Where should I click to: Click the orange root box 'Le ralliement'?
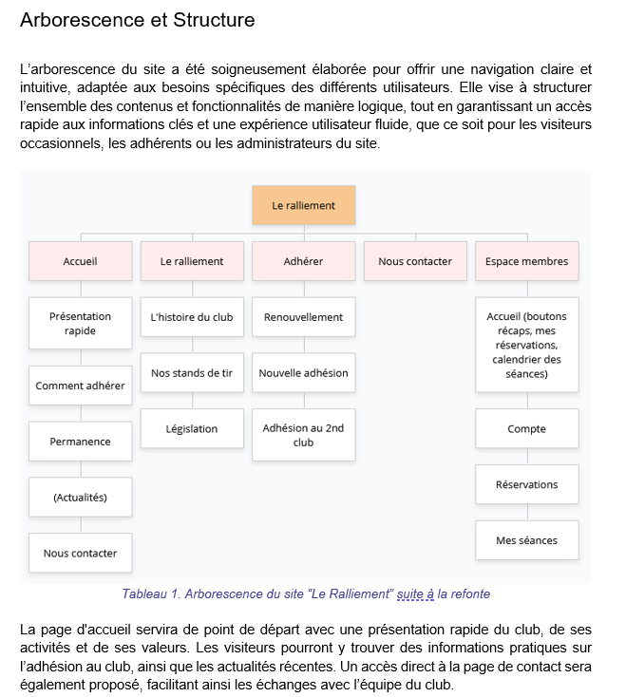coord(303,205)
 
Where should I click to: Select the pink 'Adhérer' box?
coord(303,261)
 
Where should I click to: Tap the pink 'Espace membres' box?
coord(526,261)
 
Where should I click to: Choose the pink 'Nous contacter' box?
coord(415,261)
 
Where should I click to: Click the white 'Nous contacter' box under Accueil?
coord(81,553)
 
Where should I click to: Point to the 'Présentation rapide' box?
coord(81,324)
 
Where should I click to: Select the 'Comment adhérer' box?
coord(81,386)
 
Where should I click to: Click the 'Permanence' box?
coord(81,442)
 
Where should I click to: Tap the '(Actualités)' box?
coord(81,497)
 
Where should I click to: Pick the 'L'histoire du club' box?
coord(192,317)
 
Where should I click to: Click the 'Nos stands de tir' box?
coord(192,373)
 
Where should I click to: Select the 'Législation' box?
coord(192,429)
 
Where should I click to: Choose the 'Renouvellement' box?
coord(303,317)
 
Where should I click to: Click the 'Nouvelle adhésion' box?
coord(303,373)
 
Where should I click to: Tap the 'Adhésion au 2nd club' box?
coord(303,435)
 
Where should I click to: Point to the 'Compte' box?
coord(526,429)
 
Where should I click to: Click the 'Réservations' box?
coord(526,484)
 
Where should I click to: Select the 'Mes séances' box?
coord(526,540)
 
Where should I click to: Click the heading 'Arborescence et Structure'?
coord(137,20)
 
